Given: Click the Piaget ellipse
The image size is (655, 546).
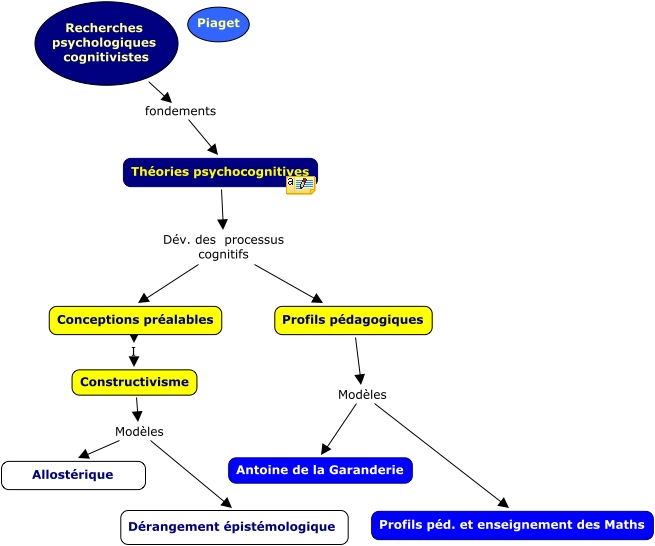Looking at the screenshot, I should pyautogui.click(x=218, y=24).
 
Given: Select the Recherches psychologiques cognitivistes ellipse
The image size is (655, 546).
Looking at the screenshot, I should pyautogui.click(x=106, y=43).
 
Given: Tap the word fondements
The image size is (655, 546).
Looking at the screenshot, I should pyautogui.click(x=180, y=111).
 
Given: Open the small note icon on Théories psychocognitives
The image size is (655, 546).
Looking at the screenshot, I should pyautogui.click(x=300, y=184).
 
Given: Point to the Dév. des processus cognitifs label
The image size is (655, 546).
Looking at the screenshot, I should pyautogui.click(x=223, y=247).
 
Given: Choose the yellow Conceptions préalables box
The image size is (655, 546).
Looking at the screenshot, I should pyautogui.click(x=135, y=320).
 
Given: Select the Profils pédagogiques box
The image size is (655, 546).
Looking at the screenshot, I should pyautogui.click(x=353, y=320).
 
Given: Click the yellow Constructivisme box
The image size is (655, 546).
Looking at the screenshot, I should pyautogui.click(x=134, y=382).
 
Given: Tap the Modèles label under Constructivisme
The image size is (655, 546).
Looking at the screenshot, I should pyautogui.click(x=139, y=432).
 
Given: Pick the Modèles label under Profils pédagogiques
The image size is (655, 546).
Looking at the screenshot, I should pyautogui.click(x=362, y=395).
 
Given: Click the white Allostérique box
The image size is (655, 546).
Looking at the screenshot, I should pyautogui.click(x=73, y=475).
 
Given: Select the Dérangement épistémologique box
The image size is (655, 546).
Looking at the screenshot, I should pyautogui.click(x=234, y=527).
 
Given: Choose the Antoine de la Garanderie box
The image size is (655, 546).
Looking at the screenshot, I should pyautogui.click(x=320, y=470).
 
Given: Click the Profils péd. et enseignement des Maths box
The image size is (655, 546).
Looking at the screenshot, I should pyautogui.click(x=512, y=525).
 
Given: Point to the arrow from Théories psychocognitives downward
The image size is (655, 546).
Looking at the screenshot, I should pyautogui.click(x=222, y=209).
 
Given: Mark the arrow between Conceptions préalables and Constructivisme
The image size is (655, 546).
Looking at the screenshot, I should pyautogui.click(x=134, y=351).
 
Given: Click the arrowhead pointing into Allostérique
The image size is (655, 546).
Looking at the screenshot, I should pyautogui.click(x=85, y=454).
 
